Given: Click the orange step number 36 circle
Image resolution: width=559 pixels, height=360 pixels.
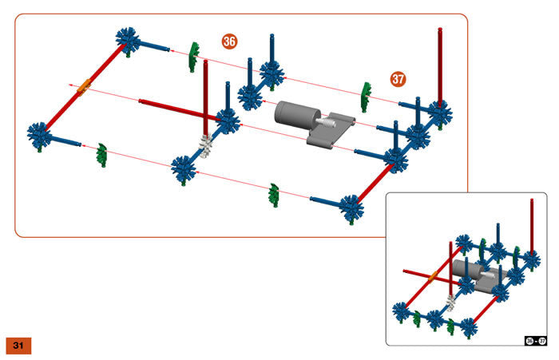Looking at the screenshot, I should pos(230,41).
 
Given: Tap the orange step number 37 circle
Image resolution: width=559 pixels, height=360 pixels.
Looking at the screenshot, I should pos(398,78).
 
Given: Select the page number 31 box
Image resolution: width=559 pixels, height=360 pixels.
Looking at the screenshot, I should pos(18,345).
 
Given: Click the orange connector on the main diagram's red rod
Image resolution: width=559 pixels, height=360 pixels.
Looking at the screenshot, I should pos(82,87).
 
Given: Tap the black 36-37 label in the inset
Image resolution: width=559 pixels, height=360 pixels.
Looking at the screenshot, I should pos(534,340).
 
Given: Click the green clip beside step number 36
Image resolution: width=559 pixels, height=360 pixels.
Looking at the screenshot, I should pos(192,57).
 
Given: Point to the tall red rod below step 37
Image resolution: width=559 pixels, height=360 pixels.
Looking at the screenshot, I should pos(440,64).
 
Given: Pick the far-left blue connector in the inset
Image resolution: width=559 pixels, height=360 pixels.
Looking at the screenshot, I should pos(401,311).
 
